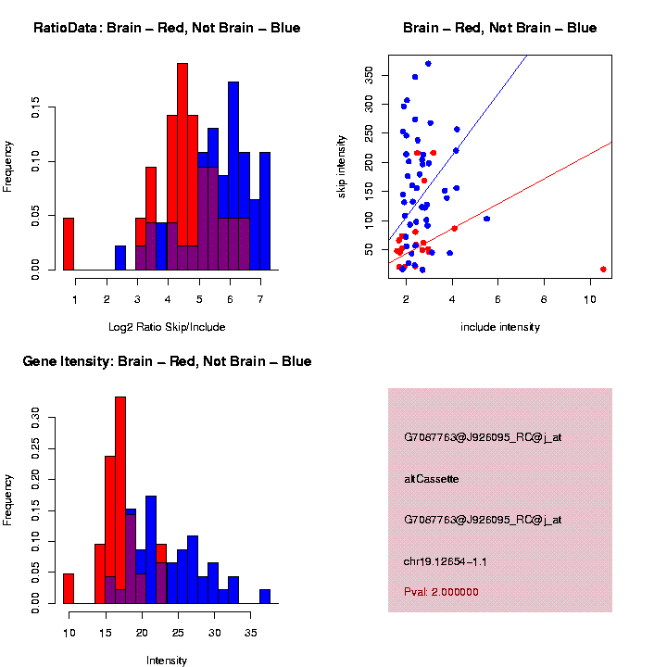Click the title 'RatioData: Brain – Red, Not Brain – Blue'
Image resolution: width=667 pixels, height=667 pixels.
pos(167,28)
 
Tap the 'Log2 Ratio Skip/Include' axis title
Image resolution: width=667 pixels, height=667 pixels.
pos(167,327)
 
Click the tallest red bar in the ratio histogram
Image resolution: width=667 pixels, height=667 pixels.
pos(182,167)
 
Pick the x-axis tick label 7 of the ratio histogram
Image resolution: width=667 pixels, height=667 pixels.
pos(260,299)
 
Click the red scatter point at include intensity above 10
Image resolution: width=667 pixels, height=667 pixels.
pos(603,269)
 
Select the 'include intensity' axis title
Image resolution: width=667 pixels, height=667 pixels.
pos(500,327)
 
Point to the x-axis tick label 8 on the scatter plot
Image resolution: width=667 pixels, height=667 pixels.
pos(544,299)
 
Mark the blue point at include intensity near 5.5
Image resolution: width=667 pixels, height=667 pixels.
pos(486,219)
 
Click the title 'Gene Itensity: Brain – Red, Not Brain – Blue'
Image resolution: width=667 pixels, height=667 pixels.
pos(167,361)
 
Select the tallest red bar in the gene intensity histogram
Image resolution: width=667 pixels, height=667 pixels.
pos(120,500)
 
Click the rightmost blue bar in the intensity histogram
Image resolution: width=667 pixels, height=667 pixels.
pos(265,597)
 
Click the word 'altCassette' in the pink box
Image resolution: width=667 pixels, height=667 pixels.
pos(431,479)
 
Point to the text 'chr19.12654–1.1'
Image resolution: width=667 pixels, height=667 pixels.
pos(446,561)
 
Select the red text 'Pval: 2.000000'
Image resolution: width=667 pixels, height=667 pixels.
pos(441,592)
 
